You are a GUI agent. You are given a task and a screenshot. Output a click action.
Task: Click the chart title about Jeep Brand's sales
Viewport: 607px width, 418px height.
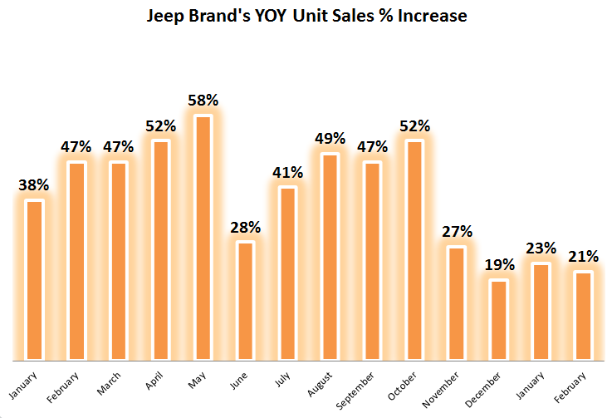[x=306, y=16]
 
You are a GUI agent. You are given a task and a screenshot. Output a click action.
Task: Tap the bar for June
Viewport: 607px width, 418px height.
[x=246, y=301]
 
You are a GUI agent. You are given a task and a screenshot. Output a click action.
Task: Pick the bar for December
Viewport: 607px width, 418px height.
[x=499, y=320]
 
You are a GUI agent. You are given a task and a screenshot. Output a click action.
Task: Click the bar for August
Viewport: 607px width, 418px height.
[x=330, y=257]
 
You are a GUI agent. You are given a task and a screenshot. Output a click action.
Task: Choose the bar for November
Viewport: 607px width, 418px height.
[x=457, y=303]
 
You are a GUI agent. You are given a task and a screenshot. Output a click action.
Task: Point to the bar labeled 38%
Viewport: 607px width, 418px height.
[x=34, y=280]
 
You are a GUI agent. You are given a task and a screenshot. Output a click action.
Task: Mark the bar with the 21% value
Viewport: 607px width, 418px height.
[x=583, y=316]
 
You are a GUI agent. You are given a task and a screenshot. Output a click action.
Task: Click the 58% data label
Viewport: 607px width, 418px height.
[x=203, y=101]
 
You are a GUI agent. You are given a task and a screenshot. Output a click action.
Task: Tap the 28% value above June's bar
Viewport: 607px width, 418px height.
[x=246, y=227]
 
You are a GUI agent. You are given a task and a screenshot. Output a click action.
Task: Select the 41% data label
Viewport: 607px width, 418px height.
[x=288, y=173]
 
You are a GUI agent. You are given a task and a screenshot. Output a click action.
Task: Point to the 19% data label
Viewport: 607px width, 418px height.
[x=499, y=265]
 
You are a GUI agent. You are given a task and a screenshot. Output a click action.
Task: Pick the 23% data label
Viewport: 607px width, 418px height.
[x=541, y=248]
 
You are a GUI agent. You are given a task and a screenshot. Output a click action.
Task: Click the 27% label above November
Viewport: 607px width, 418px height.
[x=457, y=231]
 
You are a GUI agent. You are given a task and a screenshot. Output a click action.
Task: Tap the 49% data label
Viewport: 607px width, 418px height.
[x=330, y=139]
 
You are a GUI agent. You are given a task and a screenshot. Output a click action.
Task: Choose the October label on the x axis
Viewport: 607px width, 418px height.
[x=402, y=386]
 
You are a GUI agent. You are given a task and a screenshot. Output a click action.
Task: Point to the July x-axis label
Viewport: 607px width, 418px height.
[x=281, y=380]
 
